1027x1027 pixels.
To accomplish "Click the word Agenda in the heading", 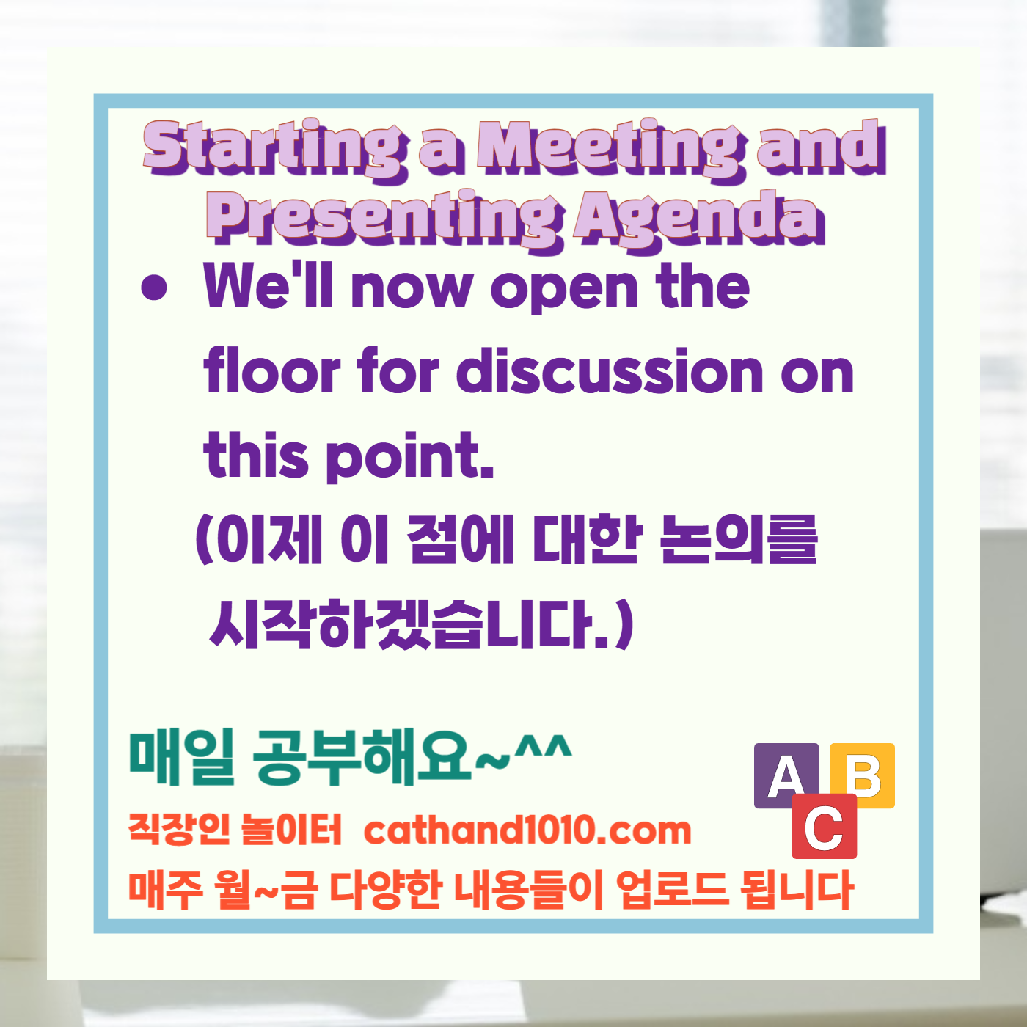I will [699, 219].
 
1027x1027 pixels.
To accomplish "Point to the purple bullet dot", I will [154, 288].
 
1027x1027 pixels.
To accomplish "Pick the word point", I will [409, 456].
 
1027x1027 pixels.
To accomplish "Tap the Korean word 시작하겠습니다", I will [411, 624].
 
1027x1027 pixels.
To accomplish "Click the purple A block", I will [786, 775].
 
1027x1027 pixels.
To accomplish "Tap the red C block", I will [824, 827].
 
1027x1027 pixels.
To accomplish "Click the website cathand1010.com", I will [527, 830].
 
